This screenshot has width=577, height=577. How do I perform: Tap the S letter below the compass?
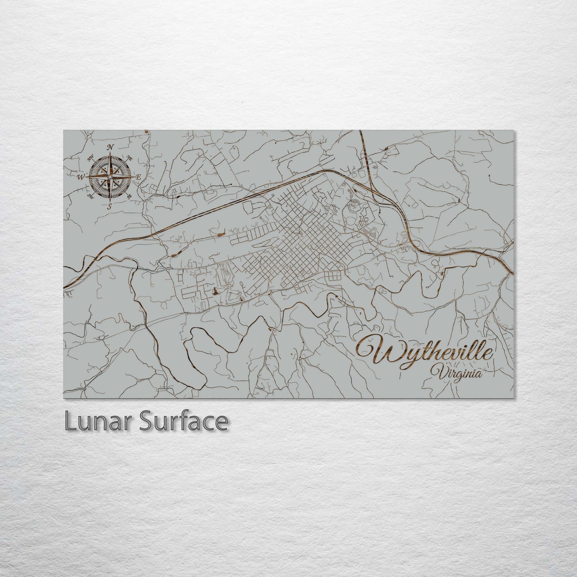(109, 206)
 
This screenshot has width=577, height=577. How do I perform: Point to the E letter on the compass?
(138, 176)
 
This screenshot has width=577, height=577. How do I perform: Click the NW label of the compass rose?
(90, 157)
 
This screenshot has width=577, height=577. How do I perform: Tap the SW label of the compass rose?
(90, 195)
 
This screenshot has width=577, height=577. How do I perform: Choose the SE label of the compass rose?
(129, 196)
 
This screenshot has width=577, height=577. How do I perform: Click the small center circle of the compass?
(109, 176)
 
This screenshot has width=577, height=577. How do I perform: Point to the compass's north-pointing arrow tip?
(110, 153)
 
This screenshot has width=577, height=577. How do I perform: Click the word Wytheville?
(426, 351)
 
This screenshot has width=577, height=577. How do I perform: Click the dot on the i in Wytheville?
(470, 344)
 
